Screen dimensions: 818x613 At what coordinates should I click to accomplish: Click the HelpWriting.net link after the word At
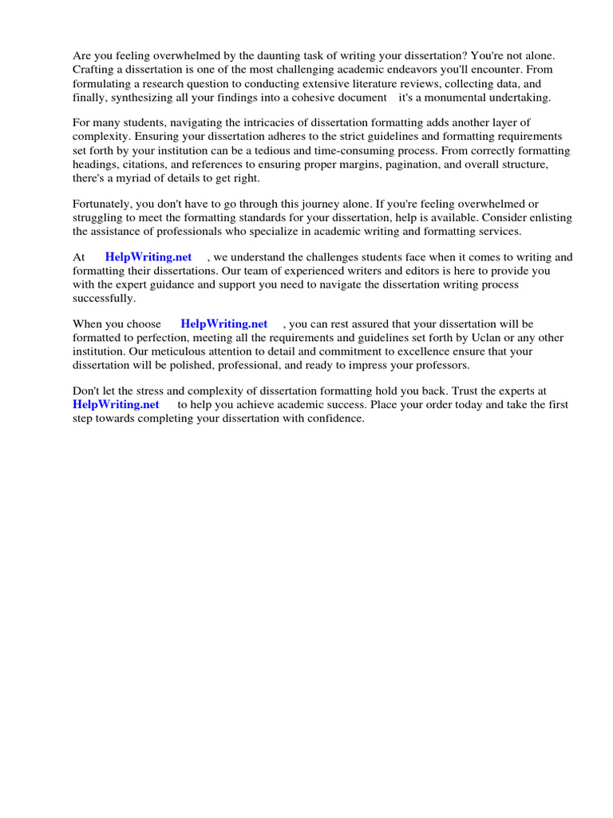pos(148,257)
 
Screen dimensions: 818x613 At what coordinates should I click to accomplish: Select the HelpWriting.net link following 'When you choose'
pos(224,324)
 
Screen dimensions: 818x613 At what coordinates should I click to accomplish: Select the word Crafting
pos(94,69)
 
